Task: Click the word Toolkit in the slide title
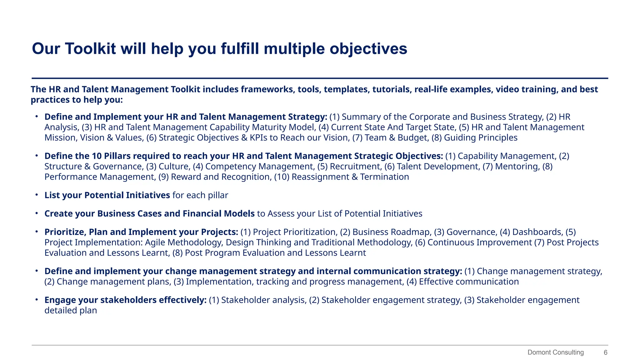(x=90, y=49)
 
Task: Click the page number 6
(x=605, y=352)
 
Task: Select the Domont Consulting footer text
(x=555, y=352)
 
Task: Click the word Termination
(x=384, y=177)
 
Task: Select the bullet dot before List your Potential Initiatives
(x=37, y=195)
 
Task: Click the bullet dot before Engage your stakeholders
(x=37, y=300)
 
